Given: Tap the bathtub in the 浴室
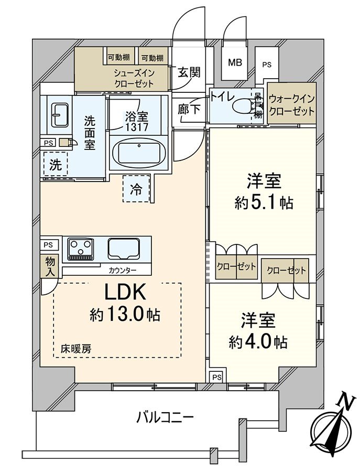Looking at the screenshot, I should (x=139, y=153).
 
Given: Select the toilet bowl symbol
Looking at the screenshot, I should (x=243, y=107).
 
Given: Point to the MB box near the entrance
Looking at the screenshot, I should (x=235, y=62).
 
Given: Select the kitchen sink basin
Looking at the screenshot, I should (x=124, y=248).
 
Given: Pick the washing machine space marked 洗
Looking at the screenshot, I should (x=55, y=165).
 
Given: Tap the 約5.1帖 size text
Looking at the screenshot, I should (x=264, y=203).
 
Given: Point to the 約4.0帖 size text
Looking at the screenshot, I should (x=258, y=342).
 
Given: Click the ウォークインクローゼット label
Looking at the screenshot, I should (x=291, y=104).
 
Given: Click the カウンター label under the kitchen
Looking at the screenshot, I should (x=123, y=270).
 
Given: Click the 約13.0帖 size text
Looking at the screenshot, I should (x=125, y=315).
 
